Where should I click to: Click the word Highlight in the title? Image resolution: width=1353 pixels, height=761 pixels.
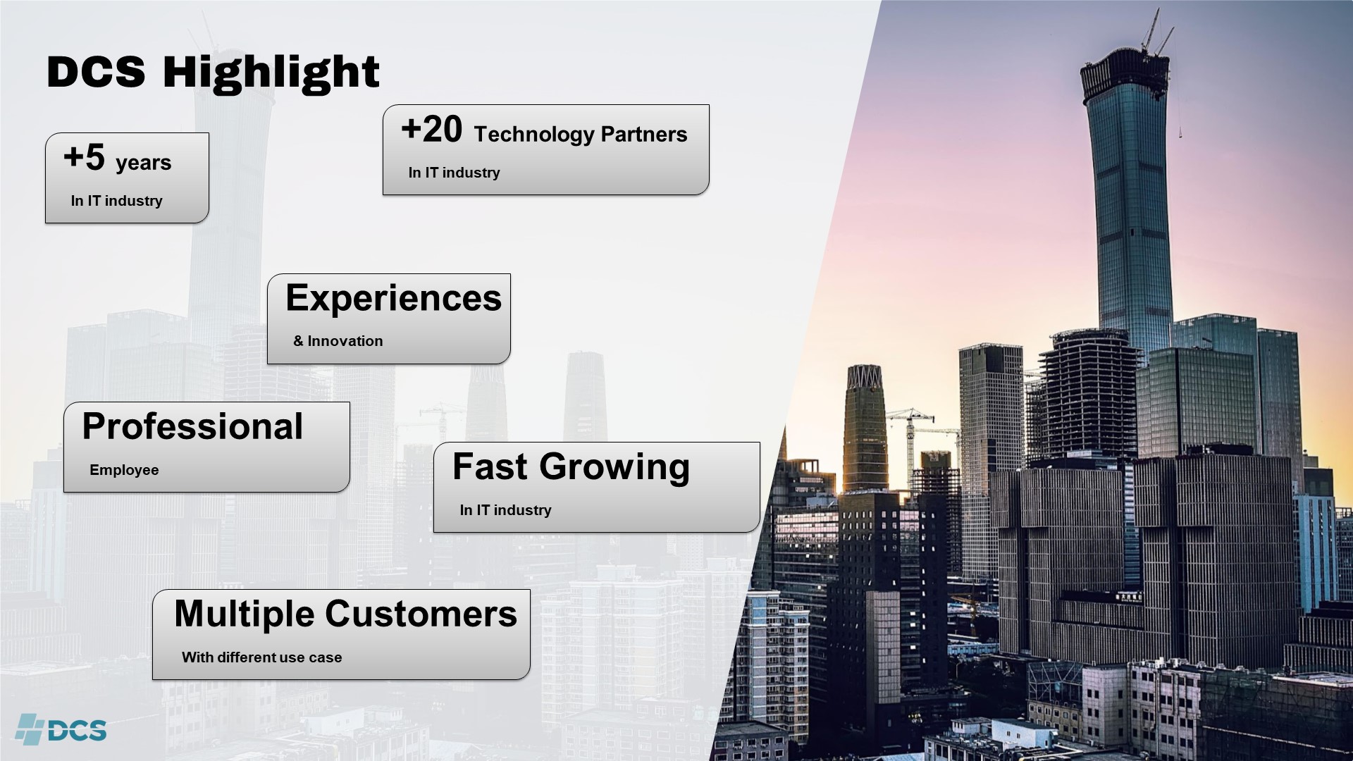click(x=271, y=73)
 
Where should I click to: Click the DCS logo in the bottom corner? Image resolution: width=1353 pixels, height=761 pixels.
click(x=61, y=729)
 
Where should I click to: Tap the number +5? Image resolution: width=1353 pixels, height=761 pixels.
click(x=84, y=157)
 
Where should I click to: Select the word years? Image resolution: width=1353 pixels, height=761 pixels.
click(x=144, y=163)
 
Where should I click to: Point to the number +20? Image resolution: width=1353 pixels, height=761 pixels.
click(x=431, y=130)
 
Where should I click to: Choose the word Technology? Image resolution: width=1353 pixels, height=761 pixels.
click(x=534, y=135)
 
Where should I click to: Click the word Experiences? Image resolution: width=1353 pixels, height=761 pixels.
click(x=393, y=298)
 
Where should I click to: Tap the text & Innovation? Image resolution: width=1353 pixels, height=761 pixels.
click(x=338, y=341)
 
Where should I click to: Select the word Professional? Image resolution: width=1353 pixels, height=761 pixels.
click(x=192, y=426)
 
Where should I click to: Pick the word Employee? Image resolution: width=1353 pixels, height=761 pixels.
click(x=124, y=470)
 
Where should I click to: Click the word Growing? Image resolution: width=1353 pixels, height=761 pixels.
click(x=614, y=468)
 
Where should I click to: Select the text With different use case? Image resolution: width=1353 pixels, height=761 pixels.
click(x=261, y=657)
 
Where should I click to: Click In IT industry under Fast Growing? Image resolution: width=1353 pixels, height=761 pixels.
click(x=505, y=510)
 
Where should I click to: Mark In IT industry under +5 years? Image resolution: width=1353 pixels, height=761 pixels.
click(x=116, y=201)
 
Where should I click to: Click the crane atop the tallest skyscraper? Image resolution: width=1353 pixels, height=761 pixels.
click(x=1156, y=32)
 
